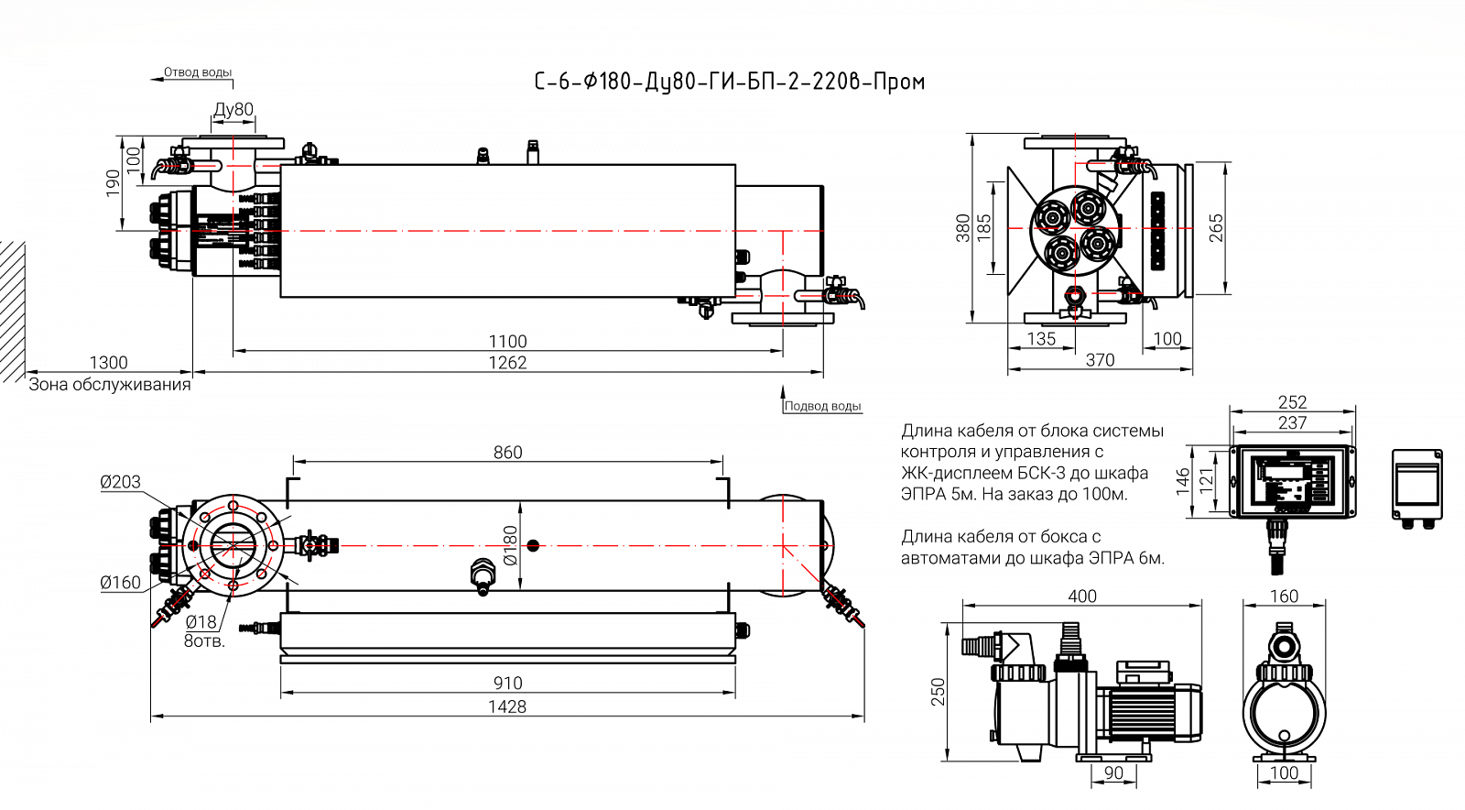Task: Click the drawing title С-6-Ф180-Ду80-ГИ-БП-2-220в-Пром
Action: click(730, 82)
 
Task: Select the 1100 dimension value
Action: click(507, 342)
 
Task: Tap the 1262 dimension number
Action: click(507, 363)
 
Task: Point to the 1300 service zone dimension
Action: click(108, 363)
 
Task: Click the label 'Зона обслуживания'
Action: click(110, 385)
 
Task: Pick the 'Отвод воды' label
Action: click(197, 72)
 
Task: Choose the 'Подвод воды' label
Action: click(822, 406)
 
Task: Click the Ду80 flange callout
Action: click(233, 110)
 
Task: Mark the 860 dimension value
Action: click(507, 453)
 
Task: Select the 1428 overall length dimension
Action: click(507, 706)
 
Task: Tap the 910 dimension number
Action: click(507, 683)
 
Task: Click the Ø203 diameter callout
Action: click(120, 482)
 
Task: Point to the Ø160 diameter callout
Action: click(120, 583)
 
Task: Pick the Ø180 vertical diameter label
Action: click(511, 544)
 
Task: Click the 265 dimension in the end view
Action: click(1216, 228)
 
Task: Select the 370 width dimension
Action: click(1100, 360)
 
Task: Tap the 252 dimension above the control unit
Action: click(1292, 402)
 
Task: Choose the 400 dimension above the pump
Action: click(1082, 597)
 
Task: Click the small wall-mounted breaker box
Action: click(1416, 486)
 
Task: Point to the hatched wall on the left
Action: click(12, 312)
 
